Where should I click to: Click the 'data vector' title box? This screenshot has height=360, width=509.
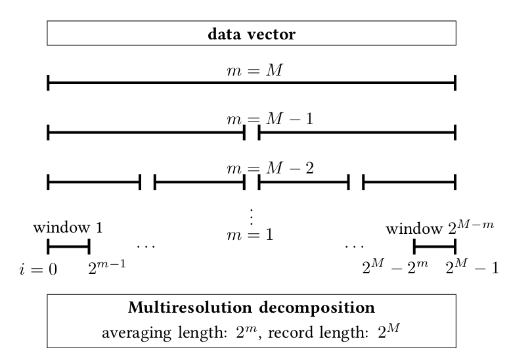click(252, 34)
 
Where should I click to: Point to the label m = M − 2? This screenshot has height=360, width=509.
click(270, 168)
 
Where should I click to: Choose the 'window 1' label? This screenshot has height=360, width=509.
click(68, 228)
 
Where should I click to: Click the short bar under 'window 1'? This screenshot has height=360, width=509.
click(68, 247)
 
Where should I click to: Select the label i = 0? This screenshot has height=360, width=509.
click(38, 269)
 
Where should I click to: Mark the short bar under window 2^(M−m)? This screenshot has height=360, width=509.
click(434, 247)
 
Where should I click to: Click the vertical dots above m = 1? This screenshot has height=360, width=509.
click(252, 215)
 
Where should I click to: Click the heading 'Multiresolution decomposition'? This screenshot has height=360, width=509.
click(252, 307)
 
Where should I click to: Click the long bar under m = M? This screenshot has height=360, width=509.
click(252, 83)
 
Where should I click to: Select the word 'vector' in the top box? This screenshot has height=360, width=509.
click(275, 34)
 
